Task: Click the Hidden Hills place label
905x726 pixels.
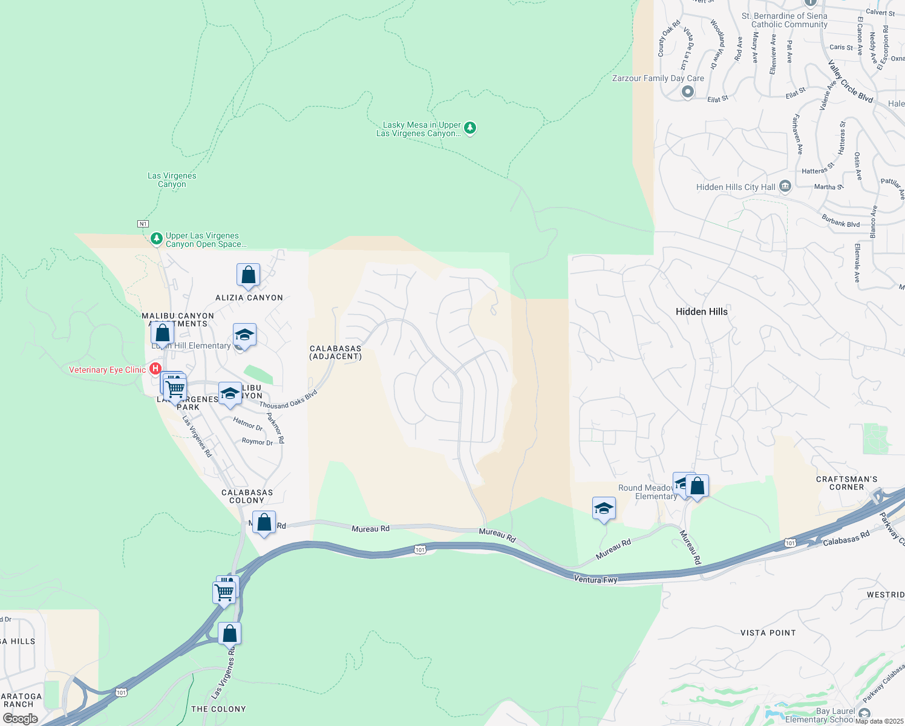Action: coord(701,312)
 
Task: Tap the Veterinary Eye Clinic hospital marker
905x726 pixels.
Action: coord(155,368)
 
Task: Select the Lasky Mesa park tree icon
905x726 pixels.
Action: coord(470,128)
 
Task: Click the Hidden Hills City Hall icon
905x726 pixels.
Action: coord(785,186)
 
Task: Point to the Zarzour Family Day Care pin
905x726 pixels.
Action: coord(687,92)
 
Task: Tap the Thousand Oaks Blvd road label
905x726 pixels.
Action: coord(289,401)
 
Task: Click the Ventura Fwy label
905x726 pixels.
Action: coord(595,580)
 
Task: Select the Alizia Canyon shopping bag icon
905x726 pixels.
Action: coord(248,275)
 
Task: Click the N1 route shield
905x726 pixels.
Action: coord(143,224)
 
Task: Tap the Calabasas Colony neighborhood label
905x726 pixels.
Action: coord(247,496)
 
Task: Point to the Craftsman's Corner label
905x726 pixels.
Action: coord(846,483)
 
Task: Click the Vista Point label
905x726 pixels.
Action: coord(768,633)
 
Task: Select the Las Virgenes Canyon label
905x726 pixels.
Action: coord(172,180)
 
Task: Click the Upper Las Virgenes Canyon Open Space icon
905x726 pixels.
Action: coord(157,239)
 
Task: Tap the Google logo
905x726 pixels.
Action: coord(20,719)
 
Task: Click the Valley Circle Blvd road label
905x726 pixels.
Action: coord(850,81)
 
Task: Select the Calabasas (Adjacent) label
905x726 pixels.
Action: coord(335,352)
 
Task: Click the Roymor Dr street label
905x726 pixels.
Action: coord(257,442)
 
